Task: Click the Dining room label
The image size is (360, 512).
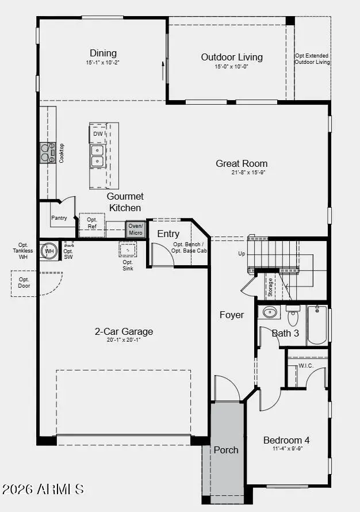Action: tap(103, 54)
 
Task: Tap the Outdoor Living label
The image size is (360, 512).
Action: tap(232, 57)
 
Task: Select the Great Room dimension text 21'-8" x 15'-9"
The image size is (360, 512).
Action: tap(242, 172)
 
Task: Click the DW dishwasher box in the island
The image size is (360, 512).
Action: tap(98, 133)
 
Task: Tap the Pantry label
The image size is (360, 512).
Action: tap(59, 218)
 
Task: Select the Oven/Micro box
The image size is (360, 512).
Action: tap(135, 229)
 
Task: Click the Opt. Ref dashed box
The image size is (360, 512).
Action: tap(92, 223)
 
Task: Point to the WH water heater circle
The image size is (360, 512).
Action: tap(49, 251)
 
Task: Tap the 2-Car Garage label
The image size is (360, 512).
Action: tap(124, 331)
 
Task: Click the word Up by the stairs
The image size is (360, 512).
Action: tap(242, 254)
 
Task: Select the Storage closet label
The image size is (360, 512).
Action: tap(270, 286)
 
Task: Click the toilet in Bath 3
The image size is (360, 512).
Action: tap(293, 316)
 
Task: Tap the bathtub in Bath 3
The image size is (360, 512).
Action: tap(317, 325)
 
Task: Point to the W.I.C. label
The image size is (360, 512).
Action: tap(305, 366)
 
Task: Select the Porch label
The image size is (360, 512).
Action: tap(226, 450)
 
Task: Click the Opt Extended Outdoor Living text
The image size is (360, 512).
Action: tap(312, 59)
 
